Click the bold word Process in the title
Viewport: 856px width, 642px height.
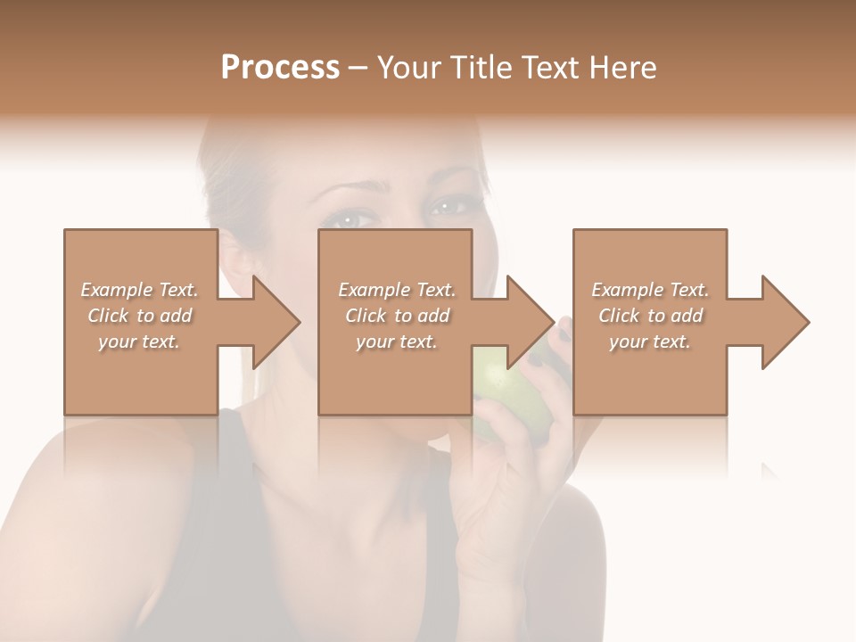point(280,68)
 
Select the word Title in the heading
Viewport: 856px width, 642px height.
point(480,68)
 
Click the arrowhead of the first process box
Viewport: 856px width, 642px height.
point(277,322)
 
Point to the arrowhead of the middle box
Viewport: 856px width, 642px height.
point(531,322)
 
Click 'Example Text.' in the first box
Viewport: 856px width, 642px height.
point(140,290)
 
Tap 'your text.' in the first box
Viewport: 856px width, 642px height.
point(140,342)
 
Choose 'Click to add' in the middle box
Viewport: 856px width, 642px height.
point(397,316)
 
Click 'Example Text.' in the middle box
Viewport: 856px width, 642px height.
point(397,290)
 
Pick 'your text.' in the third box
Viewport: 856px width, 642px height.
point(650,342)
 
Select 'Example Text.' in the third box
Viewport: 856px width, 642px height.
point(650,290)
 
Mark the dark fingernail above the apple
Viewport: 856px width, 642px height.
point(564,333)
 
